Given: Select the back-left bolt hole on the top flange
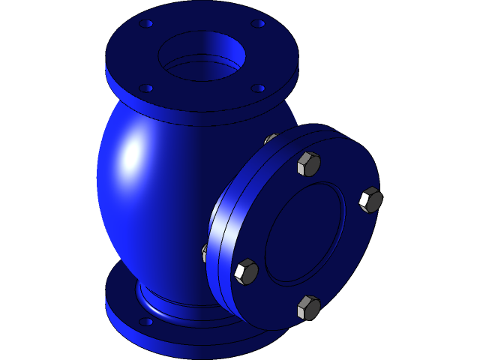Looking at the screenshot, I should (x=146, y=24).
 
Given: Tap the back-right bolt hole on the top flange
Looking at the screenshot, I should (x=258, y=24).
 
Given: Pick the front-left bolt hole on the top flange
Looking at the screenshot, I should (x=146, y=88).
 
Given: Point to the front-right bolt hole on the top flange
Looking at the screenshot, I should (x=258, y=88).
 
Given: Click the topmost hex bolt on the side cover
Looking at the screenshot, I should (x=308, y=163).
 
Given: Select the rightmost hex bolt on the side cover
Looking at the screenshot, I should (x=370, y=199).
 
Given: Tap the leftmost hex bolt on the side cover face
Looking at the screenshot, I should (x=246, y=271).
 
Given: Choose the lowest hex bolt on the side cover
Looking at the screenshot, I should (x=308, y=307).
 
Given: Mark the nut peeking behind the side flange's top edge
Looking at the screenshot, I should (x=271, y=139).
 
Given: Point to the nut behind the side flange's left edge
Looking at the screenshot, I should (x=205, y=253).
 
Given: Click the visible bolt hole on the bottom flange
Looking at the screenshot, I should (x=146, y=322).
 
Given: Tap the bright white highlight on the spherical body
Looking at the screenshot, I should (x=132, y=154).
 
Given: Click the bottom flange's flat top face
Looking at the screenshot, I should (x=124, y=296).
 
